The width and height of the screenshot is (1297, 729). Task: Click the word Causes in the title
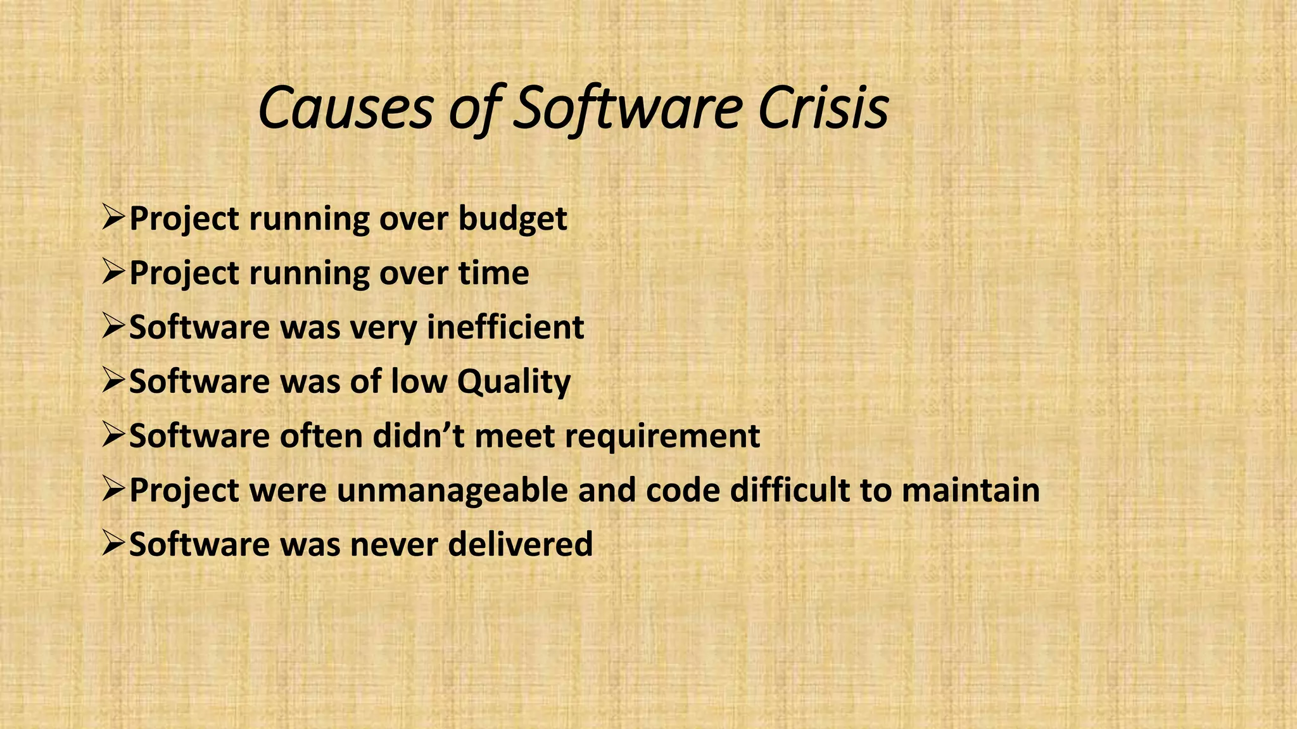pos(345,109)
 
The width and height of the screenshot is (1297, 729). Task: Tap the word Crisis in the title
pos(823,109)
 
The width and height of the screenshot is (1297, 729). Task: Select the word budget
pos(512,220)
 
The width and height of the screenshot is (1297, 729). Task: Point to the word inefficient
pos(505,328)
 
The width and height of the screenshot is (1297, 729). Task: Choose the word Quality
pos(514,382)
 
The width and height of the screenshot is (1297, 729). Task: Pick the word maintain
pos(971,490)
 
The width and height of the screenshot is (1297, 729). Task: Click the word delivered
pos(520,545)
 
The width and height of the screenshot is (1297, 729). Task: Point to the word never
pos(394,545)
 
